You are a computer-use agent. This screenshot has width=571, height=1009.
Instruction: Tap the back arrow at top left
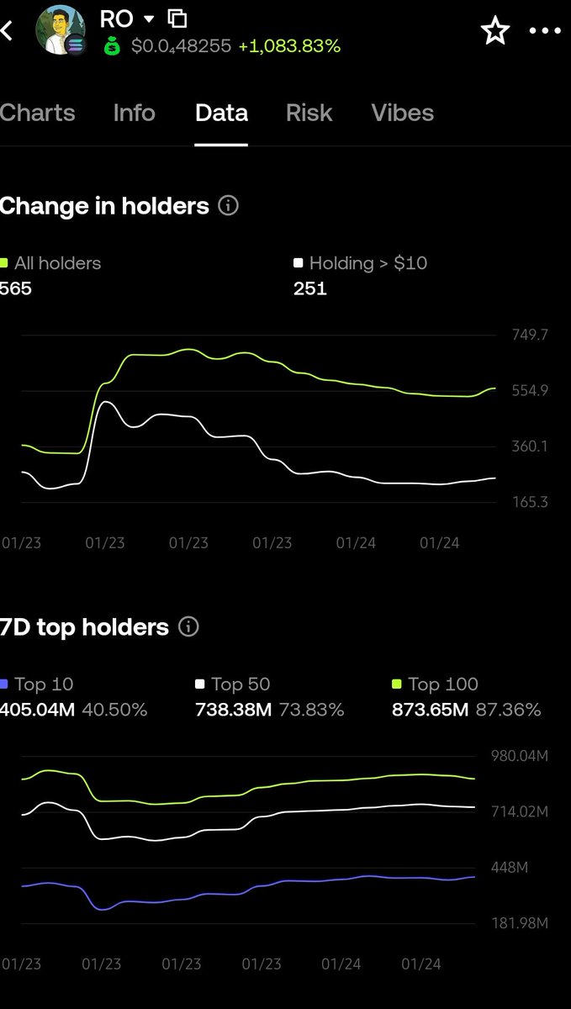(8, 31)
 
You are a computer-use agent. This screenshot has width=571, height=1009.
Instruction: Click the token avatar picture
(60, 29)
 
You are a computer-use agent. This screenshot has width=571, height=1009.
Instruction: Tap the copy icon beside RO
(177, 18)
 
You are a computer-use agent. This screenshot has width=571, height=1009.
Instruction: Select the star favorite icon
(494, 31)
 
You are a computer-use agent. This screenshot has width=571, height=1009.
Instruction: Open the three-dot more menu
(544, 31)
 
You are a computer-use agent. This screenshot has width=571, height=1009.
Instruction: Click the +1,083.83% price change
(289, 47)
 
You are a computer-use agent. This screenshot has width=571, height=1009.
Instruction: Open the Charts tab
(37, 114)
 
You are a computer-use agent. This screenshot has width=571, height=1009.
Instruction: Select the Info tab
(135, 114)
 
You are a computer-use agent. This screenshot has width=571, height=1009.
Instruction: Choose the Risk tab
(309, 114)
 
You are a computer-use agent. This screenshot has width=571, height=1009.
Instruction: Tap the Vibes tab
(402, 114)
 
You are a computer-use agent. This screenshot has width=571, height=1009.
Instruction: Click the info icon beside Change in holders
(228, 206)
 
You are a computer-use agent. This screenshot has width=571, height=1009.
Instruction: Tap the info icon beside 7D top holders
(189, 627)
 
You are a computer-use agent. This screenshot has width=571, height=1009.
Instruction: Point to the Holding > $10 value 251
(309, 289)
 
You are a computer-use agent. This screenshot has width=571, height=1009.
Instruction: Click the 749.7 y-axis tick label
(530, 335)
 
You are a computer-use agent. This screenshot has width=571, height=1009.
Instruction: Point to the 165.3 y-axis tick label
(530, 503)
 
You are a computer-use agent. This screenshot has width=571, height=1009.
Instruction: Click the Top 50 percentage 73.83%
(311, 711)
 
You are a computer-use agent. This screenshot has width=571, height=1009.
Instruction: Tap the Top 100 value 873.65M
(430, 711)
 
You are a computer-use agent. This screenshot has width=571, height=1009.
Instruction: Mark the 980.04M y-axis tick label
(519, 757)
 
